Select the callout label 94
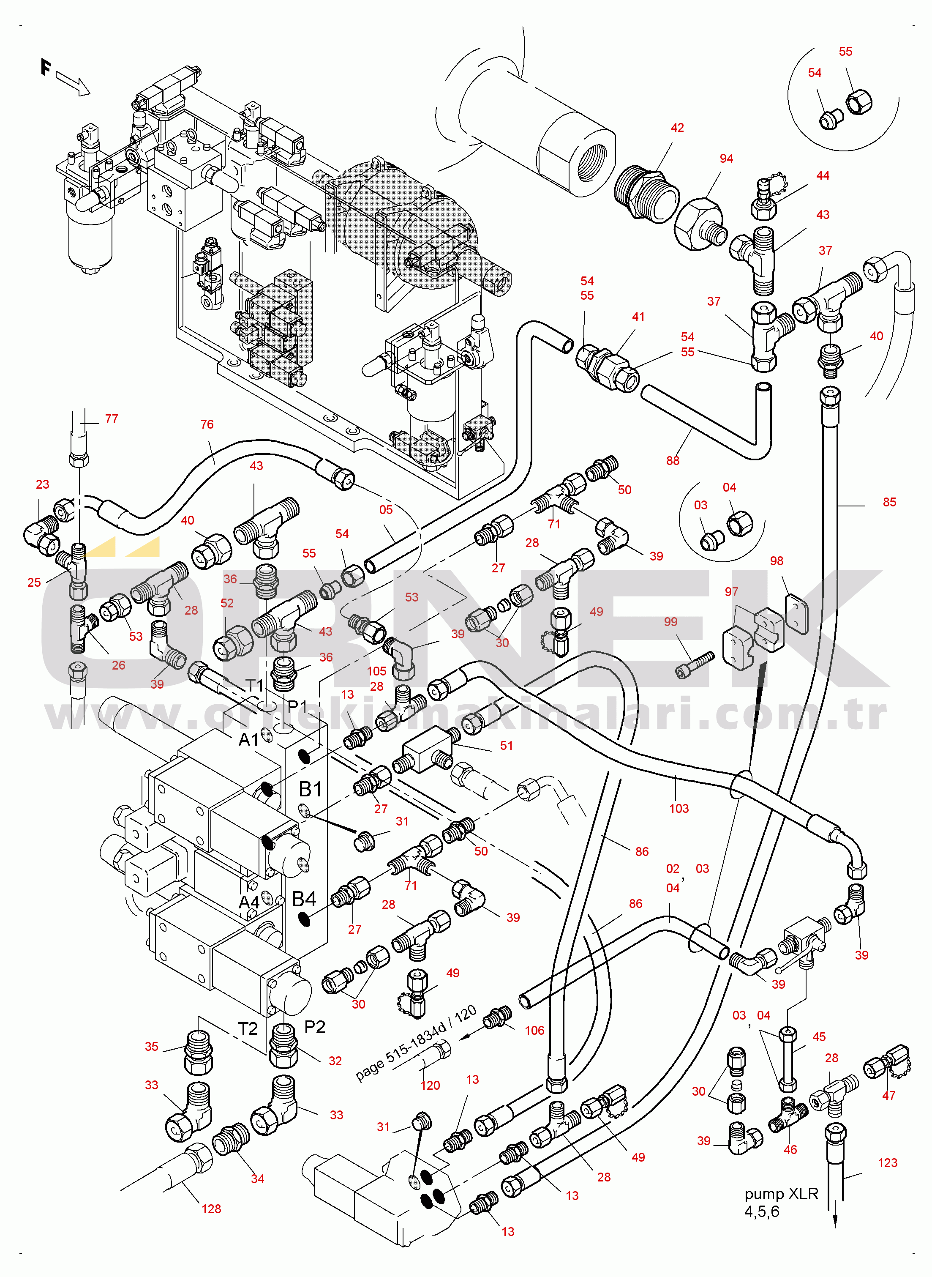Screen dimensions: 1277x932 pyautogui.click(x=726, y=159)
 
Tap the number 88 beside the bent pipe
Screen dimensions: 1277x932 pyautogui.click(x=673, y=460)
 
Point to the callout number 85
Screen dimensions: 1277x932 pyautogui.click(x=889, y=502)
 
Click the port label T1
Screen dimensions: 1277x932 pyautogui.click(x=255, y=685)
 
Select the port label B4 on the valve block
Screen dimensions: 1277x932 pyautogui.click(x=304, y=899)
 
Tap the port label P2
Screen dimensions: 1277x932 pyautogui.click(x=315, y=1027)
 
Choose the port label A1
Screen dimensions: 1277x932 pyautogui.click(x=249, y=739)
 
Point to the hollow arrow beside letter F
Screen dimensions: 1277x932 pyautogui.click(x=74, y=84)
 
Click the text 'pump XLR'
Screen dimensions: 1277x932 pyautogui.click(x=781, y=1194)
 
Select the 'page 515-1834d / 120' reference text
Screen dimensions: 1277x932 pyautogui.click(x=416, y=1043)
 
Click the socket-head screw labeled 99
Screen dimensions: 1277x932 pyautogui.click(x=695, y=664)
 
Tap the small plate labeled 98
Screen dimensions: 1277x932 pyautogui.click(x=796, y=613)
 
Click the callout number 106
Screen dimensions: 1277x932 pyautogui.click(x=534, y=1031)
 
